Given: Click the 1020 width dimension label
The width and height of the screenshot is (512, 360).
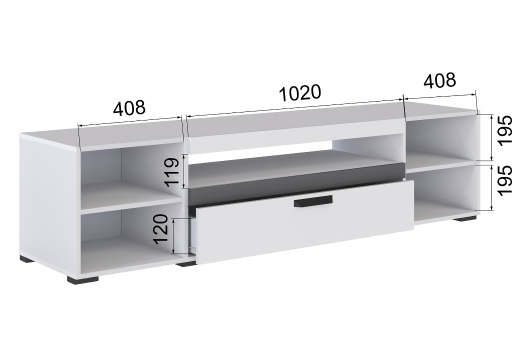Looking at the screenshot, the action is [x=300, y=93].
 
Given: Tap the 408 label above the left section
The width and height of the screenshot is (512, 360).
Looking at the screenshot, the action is [x=129, y=108].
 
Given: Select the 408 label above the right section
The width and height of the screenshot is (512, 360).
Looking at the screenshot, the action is [x=439, y=80].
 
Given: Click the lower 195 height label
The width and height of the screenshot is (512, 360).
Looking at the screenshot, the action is [x=504, y=180].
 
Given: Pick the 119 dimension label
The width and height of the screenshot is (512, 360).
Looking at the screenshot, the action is [x=172, y=172].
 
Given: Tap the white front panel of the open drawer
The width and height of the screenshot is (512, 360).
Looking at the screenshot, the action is [x=304, y=221].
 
